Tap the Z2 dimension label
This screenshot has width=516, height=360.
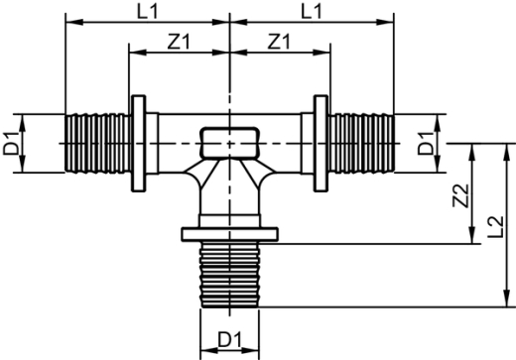coord(458,195)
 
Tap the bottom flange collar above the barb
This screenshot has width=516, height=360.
coord(229,235)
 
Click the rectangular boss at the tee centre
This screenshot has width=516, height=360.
coord(229,143)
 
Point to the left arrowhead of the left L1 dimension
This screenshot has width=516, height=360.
coord(68,19)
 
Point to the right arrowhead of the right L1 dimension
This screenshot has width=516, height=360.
coord(390,19)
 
